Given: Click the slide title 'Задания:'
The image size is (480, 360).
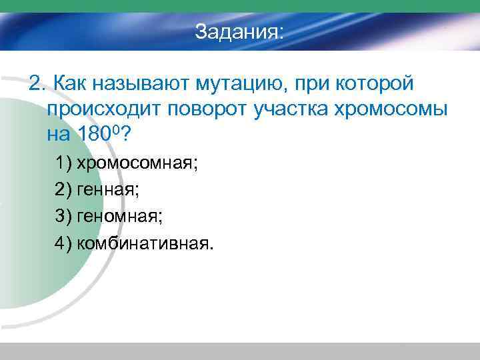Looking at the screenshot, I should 239,32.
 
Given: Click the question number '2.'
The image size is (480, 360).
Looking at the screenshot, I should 37,84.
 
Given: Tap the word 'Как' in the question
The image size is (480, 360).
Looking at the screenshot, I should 69,84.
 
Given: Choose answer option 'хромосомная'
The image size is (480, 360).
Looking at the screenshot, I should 137,163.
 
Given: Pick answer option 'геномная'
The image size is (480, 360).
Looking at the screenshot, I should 119,217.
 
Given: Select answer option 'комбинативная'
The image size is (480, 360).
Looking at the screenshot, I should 146,243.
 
